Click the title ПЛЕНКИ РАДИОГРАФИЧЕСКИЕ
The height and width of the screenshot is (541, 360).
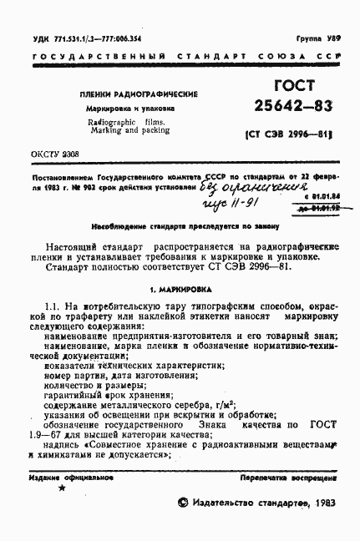[120, 95]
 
